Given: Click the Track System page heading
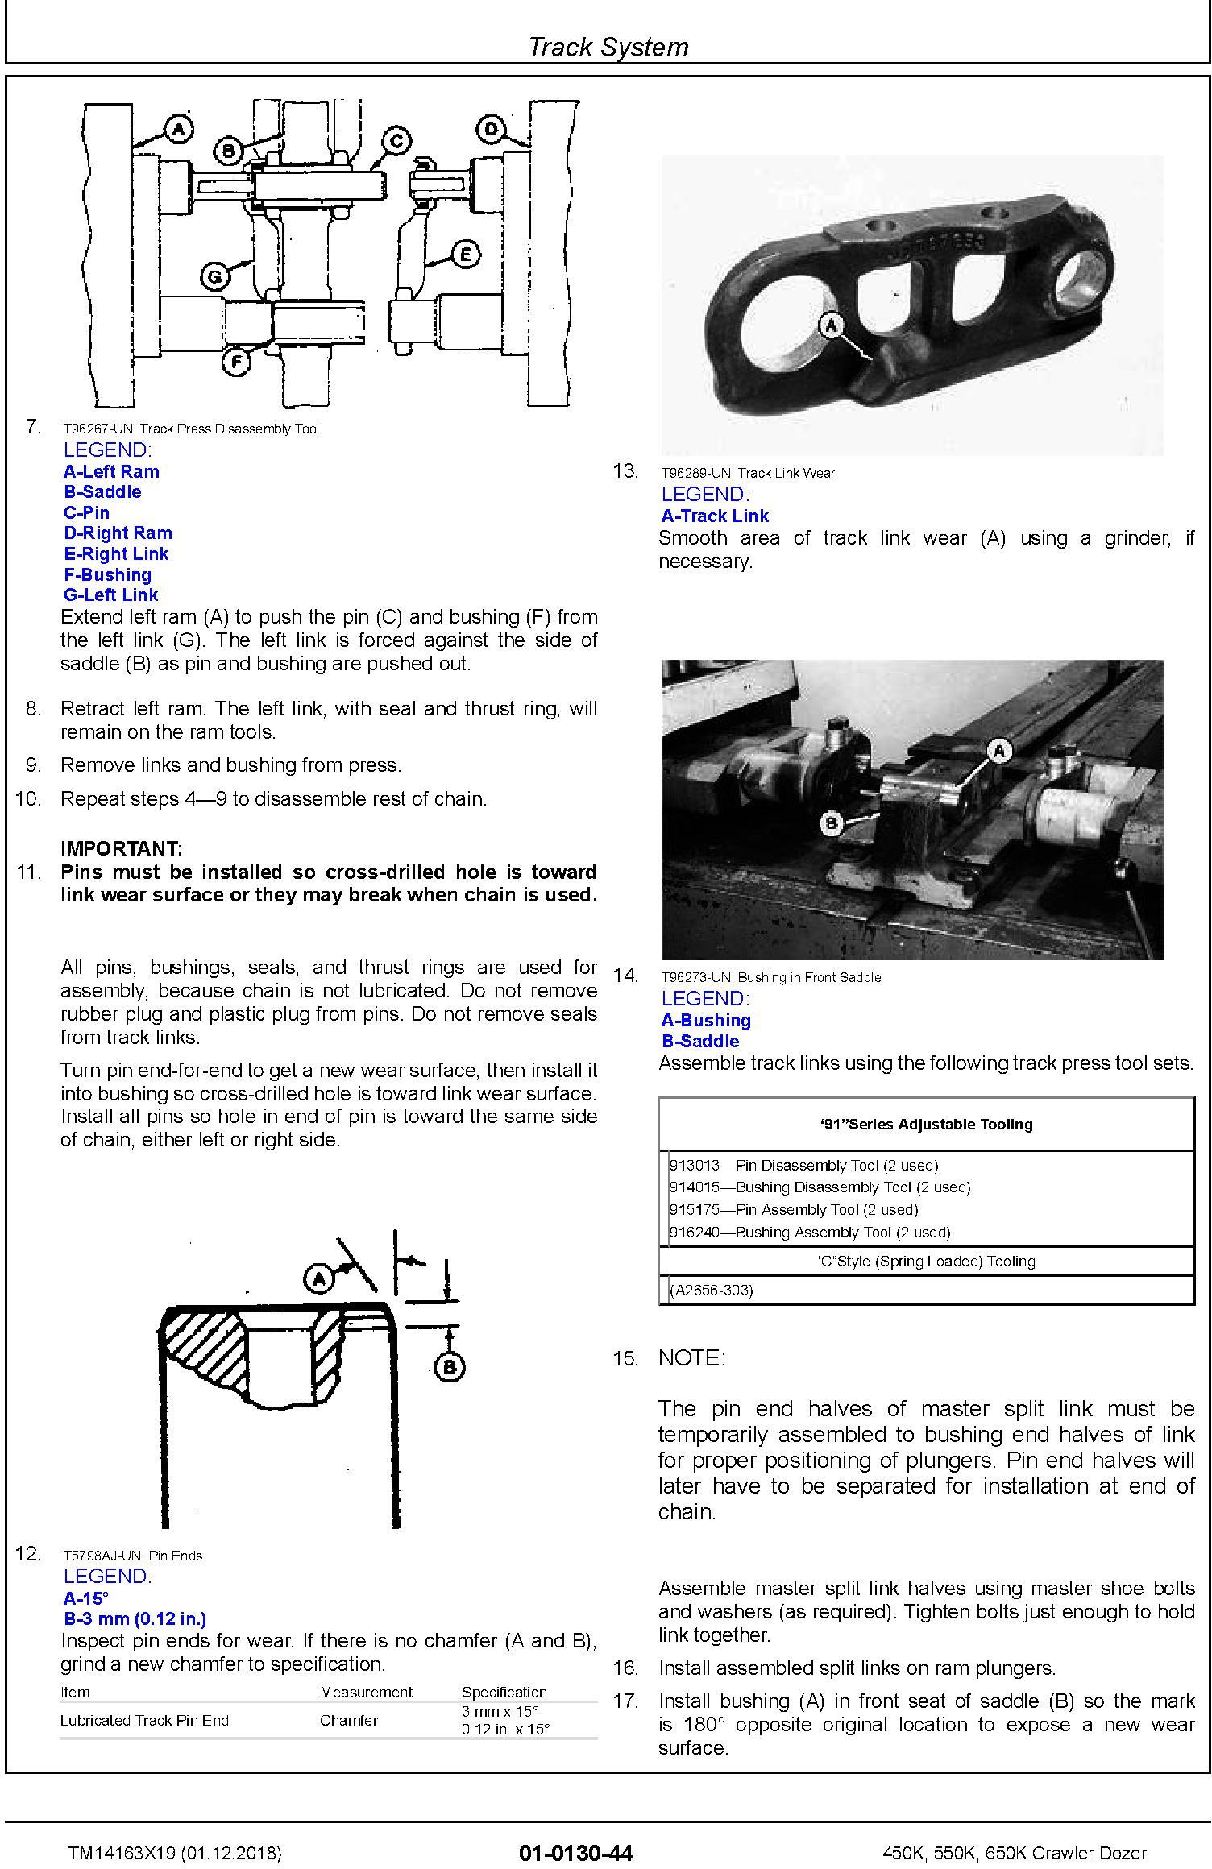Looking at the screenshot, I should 608,47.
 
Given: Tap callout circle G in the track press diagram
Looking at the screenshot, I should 215,277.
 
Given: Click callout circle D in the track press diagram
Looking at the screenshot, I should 492,129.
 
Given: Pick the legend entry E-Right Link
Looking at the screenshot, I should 116,553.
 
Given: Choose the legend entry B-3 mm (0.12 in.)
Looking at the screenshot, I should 135,1618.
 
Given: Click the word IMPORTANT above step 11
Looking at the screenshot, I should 122,848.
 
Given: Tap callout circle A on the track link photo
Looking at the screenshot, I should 832,326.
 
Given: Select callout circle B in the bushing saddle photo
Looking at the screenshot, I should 832,823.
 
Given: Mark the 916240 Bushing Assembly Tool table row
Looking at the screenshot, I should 810,1232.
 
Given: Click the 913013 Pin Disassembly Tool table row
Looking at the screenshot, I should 803,1165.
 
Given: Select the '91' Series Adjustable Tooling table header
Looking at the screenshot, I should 926,1124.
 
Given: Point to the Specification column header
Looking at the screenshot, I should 504,1692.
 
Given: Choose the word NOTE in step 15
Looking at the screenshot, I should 691,1358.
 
